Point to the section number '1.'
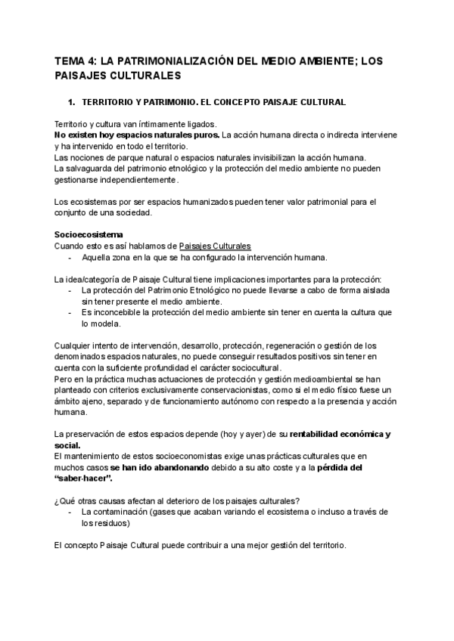pyautogui.click(x=73, y=101)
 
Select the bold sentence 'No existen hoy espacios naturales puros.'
pyautogui.click(x=138, y=135)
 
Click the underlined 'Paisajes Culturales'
pyautogui.click(x=215, y=246)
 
